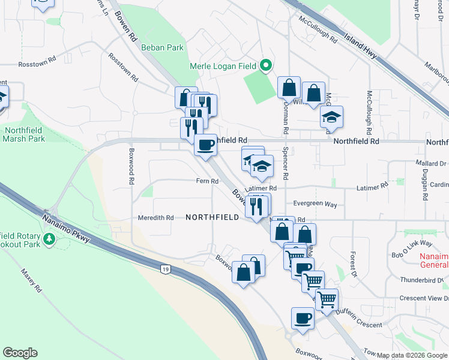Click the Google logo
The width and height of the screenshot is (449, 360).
tap(20, 353)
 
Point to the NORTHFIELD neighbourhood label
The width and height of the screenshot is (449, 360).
tap(212, 217)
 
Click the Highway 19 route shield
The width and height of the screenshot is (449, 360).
tap(165, 270)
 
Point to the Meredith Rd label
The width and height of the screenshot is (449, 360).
tap(155, 218)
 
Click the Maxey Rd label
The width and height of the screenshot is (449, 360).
tap(31, 280)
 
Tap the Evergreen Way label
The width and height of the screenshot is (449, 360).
tap(315, 204)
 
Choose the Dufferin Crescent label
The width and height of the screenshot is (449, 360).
tap(357, 325)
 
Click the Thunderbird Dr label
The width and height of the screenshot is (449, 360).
tap(424, 280)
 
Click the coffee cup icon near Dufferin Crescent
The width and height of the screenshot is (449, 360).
tap(303, 318)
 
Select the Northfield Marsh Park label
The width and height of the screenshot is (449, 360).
tap(25, 134)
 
